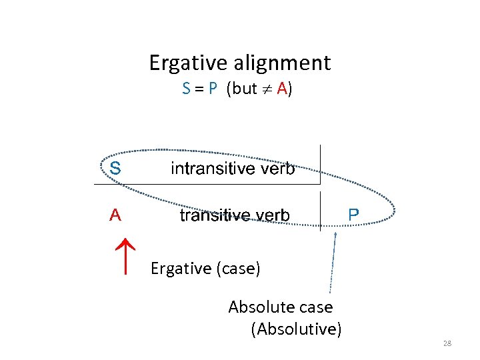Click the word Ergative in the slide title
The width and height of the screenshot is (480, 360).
189,63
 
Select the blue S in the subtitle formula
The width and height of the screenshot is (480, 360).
186,89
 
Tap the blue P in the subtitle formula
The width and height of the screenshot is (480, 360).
213,89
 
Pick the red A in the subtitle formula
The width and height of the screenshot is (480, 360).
281,89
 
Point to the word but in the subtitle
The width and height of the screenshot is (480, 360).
245,89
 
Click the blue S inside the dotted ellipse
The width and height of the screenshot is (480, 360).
115,168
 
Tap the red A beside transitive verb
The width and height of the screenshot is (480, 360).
115,215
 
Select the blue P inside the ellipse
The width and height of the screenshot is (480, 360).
353,215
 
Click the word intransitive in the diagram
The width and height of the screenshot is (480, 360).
212,168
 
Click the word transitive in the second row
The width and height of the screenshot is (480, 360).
214,215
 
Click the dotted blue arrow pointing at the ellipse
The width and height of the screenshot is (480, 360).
332,267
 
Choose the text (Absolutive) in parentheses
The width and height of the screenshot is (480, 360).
296,329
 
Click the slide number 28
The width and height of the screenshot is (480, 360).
447,343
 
